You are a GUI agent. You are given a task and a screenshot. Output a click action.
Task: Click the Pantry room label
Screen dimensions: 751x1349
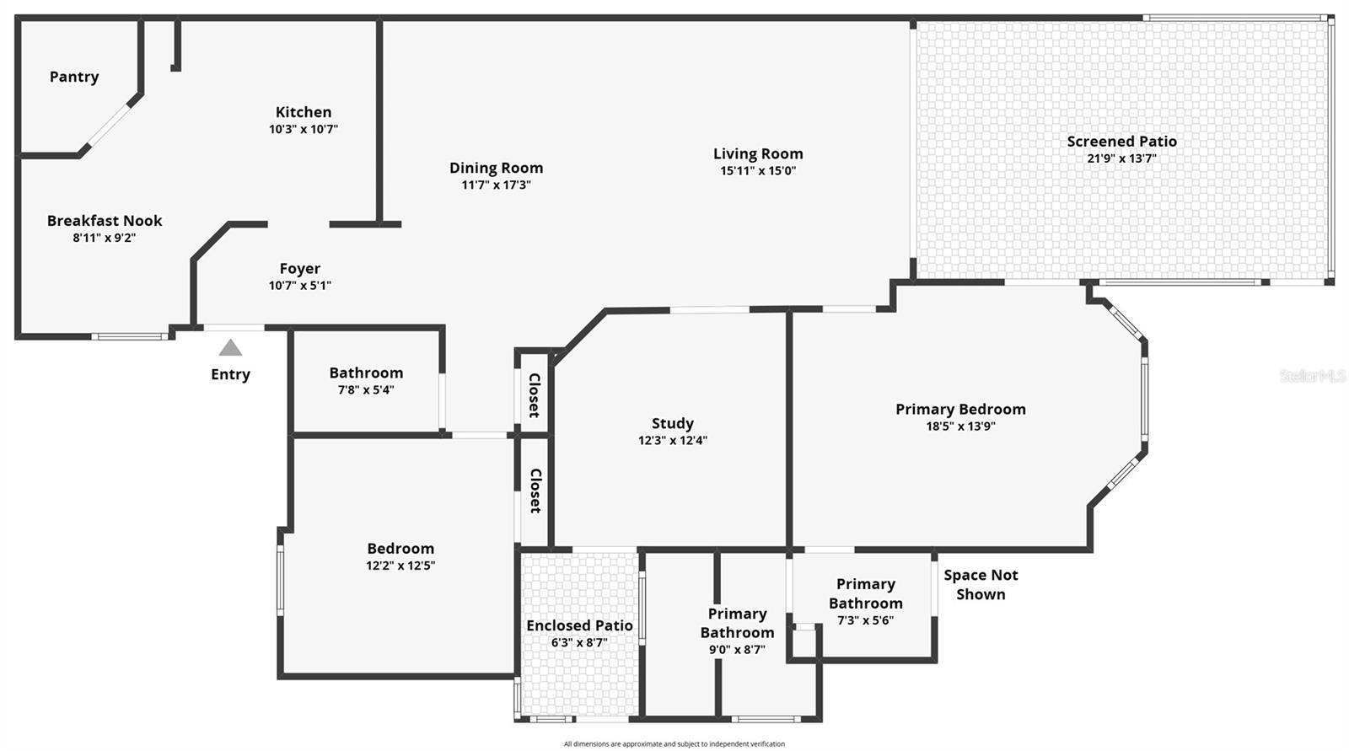click(74, 77)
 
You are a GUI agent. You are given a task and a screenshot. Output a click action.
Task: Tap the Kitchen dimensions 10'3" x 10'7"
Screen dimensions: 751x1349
click(304, 130)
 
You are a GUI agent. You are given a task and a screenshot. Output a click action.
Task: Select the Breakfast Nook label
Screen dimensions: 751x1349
click(105, 221)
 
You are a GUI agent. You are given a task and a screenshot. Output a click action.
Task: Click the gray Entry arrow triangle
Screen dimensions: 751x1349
click(230, 348)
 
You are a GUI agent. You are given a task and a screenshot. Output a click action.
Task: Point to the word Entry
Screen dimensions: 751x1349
click(230, 374)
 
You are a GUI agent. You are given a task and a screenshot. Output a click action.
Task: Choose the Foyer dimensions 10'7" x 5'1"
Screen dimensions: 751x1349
click(300, 286)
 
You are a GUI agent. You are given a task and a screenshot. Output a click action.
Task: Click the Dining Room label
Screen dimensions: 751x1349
click(496, 168)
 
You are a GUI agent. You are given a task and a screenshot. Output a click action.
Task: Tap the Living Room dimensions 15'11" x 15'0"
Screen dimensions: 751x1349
click(758, 171)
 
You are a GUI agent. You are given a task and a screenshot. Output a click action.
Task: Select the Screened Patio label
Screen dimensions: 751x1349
click(1121, 142)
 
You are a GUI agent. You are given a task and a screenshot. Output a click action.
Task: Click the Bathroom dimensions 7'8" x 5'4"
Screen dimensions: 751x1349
click(366, 390)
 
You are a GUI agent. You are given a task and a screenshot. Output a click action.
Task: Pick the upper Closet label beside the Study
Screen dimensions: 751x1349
click(534, 395)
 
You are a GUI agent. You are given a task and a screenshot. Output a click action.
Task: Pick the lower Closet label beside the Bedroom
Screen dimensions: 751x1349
click(535, 491)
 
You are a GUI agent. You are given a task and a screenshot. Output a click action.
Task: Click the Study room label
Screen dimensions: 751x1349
click(673, 423)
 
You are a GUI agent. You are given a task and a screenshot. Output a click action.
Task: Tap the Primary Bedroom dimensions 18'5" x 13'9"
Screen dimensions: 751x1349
click(960, 426)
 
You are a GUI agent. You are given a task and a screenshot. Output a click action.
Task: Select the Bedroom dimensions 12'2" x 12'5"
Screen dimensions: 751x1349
click(400, 566)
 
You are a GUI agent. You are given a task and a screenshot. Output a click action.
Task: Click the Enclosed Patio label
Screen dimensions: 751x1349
click(579, 625)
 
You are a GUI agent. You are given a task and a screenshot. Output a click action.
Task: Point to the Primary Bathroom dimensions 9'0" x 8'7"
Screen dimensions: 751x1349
click(737, 650)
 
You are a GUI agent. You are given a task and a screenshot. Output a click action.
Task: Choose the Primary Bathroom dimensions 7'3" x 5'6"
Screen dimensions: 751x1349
click(865, 620)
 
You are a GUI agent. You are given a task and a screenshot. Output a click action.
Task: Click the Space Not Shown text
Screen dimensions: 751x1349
click(981, 584)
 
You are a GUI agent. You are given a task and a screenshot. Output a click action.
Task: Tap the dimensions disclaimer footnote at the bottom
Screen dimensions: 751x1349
click(674, 744)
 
